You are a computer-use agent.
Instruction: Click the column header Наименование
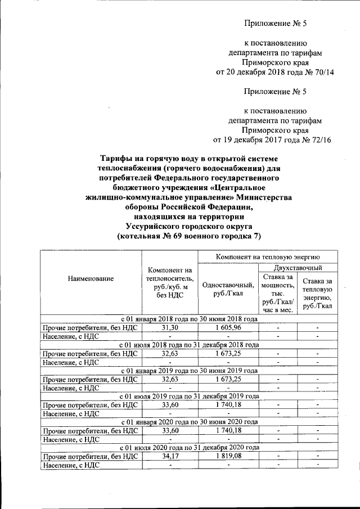pyautogui.click(x=91, y=278)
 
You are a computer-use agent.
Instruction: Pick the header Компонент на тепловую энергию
pyautogui.click(x=267, y=256)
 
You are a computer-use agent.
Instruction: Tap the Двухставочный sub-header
pyautogui.click(x=296, y=268)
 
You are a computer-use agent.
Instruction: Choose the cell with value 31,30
pyautogui.click(x=169, y=327)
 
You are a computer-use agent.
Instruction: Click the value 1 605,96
pyautogui.click(x=227, y=327)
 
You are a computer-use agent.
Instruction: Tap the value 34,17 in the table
pyautogui.click(x=169, y=456)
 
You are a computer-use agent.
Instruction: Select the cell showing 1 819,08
pyautogui.click(x=227, y=456)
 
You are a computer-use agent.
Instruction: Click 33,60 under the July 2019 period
pyautogui.click(x=169, y=404)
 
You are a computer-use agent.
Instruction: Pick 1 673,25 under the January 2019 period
pyautogui.click(x=227, y=379)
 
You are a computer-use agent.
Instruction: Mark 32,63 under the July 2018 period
pyautogui.click(x=169, y=353)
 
